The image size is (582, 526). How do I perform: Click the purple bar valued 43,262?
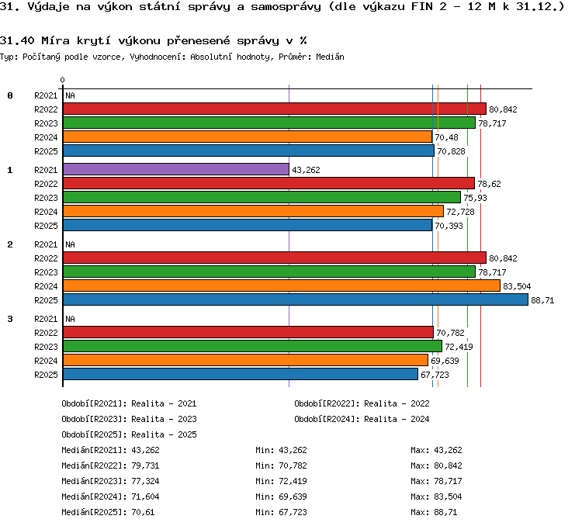pos(176,169)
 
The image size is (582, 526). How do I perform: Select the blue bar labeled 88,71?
pos(296,299)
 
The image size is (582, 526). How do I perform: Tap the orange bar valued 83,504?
pos(282,285)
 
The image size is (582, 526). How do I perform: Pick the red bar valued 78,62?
pos(268,183)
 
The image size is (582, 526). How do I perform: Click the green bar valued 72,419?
pos(252,346)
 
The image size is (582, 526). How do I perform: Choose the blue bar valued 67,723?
pos(241,374)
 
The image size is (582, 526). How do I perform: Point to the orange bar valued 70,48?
pos(248,137)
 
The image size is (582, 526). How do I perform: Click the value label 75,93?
pos(475,198)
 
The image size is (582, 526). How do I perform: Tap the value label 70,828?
pos(451,151)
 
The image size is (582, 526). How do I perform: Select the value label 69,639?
pos(445,361)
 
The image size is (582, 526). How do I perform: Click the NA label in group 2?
pos(70,244)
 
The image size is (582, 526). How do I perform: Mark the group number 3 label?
pos(10,319)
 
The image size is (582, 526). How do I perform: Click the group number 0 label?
pos(10,95)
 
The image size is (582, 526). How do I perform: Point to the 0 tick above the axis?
pos(62,80)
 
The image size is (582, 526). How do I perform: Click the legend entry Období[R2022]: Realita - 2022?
pos(362,403)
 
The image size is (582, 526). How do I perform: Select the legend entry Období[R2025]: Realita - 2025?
pos(129,434)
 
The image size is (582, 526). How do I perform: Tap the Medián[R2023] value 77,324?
pos(145,482)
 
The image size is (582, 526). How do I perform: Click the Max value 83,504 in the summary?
pos(448,497)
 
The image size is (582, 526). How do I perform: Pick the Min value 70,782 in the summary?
pos(293,465)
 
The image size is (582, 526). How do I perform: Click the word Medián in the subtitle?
pos(330,57)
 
